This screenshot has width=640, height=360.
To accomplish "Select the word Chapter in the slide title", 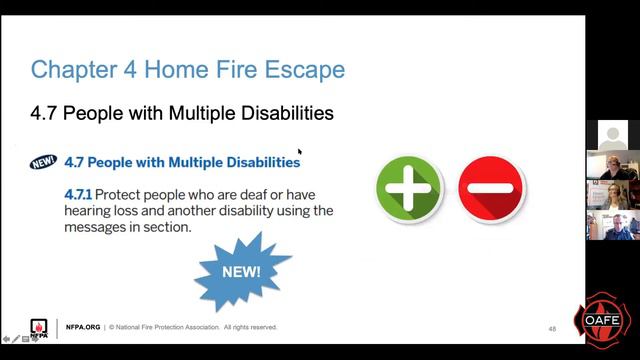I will tap(71, 70).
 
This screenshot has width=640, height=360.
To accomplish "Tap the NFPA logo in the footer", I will tap(39, 327).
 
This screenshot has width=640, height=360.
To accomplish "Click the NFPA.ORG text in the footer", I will tap(83, 327).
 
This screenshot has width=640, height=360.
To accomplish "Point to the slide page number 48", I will tap(552, 328).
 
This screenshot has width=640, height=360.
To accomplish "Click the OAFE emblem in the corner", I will tap(603, 319).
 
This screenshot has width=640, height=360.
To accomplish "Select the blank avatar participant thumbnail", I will tap(612, 134).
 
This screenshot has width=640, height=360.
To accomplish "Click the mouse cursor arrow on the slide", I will tap(299, 152).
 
